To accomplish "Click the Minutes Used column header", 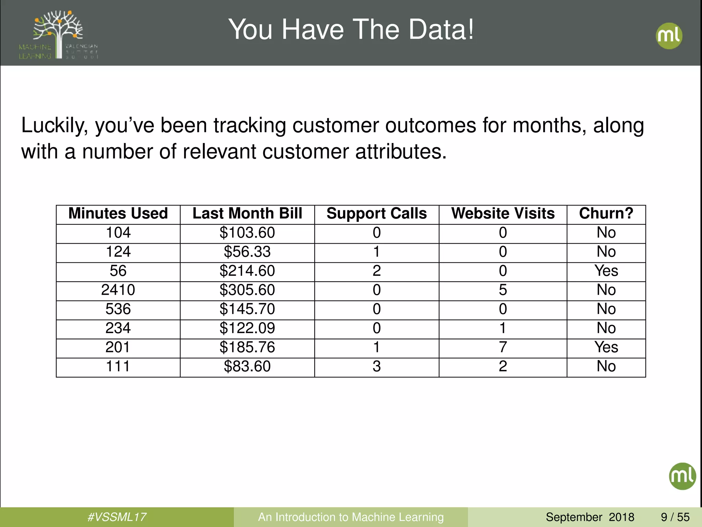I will click(x=118, y=213).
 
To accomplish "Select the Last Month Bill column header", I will click(x=247, y=213).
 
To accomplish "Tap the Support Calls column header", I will click(x=376, y=213).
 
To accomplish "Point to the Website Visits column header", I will click(x=503, y=213).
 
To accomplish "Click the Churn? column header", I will click(x=606, y=213).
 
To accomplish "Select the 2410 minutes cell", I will click(x=118, y=290).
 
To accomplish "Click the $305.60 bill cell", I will click(x=247, y=290).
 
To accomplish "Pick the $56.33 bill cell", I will click(x=247, y=252).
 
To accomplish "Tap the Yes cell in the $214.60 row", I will click(x=606, y=271).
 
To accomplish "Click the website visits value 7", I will click(x=503, y=347).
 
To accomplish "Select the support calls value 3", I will click(x=376, y=366).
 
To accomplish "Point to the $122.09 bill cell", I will click(x=247, y=328).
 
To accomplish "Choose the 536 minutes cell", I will click(x=118, y=309).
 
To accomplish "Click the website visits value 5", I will click(x=503, y=290).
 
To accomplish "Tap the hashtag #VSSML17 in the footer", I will click(x=117, y=517).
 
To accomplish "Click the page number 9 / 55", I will click(x=675, y=517).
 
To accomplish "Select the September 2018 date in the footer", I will click(x=590, y=517).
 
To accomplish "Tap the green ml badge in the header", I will click(x=669, y=36).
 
